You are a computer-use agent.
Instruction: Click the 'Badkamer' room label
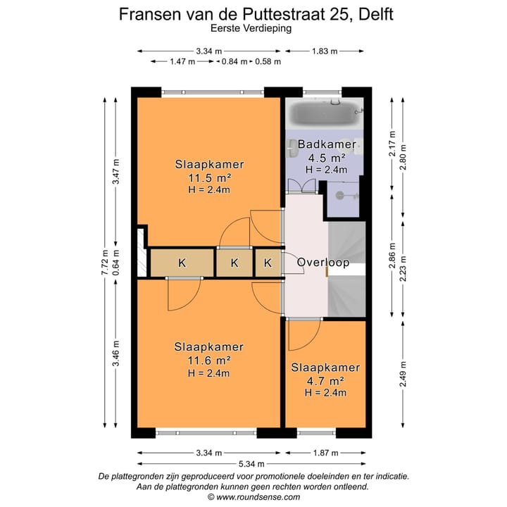[322, 145]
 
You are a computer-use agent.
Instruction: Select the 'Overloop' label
[323, 263]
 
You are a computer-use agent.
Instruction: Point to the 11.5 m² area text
[209, 177]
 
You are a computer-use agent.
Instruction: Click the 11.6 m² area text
[209, 361]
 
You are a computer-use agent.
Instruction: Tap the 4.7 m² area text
[325, 380]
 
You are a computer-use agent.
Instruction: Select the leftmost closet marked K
[182, 263]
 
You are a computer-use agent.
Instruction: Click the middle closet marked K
[234, 263]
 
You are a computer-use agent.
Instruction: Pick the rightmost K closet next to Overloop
[268, 263]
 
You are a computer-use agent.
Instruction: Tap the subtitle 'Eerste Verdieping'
[251, 29]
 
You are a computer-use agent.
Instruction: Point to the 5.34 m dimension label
[251, 464]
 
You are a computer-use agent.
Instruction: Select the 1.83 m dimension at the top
[325, 51]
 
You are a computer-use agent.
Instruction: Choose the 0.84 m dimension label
[234, 62]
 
